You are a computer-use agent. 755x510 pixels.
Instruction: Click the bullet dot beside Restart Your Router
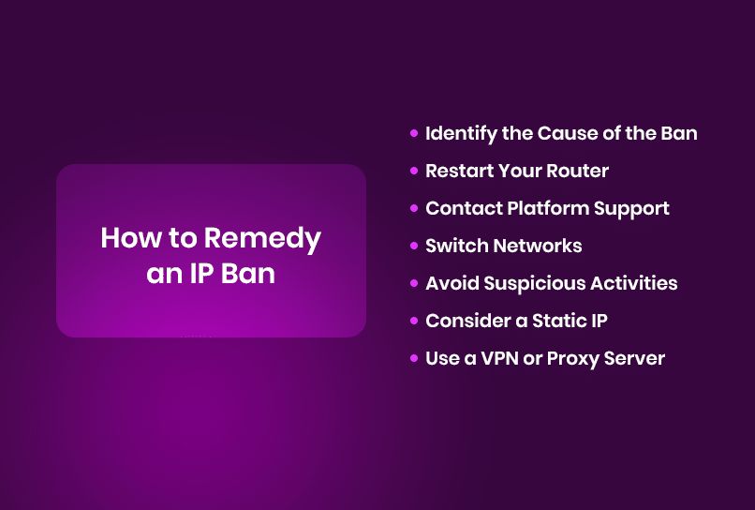pyautogui.click(x=414, y=171)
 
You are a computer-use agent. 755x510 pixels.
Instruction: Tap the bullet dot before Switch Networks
pyautogui.click(x=414, y=246)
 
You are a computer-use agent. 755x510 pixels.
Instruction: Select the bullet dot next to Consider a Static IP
pyautogui.click(x=414, y=321)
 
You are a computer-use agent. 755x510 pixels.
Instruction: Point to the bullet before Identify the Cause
pyautogui.click(x=414, y=133)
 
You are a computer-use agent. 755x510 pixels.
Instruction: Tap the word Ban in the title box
pyautogui.click(x=248, y=274)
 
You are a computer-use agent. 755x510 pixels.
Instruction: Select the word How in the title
pyautogui.click(x=131, y=238)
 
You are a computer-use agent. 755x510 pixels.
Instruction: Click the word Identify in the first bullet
pyautogui.click(x=461, y=134)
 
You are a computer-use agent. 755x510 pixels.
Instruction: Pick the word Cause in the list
pyautogui.click(x=567, y=133)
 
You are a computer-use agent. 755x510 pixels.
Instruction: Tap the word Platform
pyautogui.click(x=548, y=208)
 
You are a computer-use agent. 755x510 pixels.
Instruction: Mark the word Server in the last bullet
pyautogui.click(x=634, y=358)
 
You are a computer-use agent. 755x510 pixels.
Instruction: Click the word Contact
pyautogui.click(x=464, y=208)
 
